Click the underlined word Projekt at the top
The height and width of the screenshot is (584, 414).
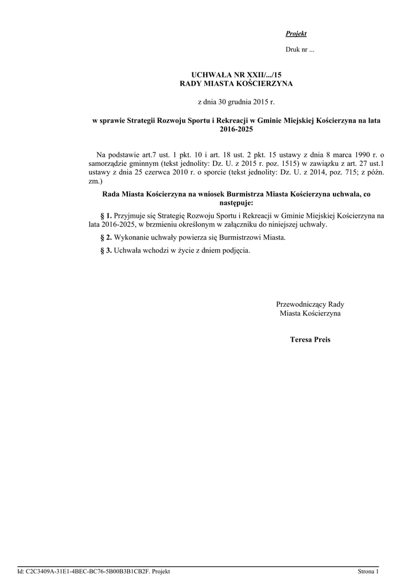click(296, 34)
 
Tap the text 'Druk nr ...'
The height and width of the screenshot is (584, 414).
click(300, 50)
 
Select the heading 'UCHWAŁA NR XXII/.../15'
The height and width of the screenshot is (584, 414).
click(236, 75)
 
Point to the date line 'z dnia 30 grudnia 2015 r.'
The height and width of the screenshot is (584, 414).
click(236, 103)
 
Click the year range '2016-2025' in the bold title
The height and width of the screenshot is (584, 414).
click(236, 129)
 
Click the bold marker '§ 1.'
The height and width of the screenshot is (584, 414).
click(106, 216)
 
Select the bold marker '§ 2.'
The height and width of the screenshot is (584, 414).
click(106, 237)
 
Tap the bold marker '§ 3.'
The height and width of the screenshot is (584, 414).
click(106, 250)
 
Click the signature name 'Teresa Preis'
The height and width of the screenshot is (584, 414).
click(310, 339)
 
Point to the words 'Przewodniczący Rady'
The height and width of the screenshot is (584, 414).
click(310, 304)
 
